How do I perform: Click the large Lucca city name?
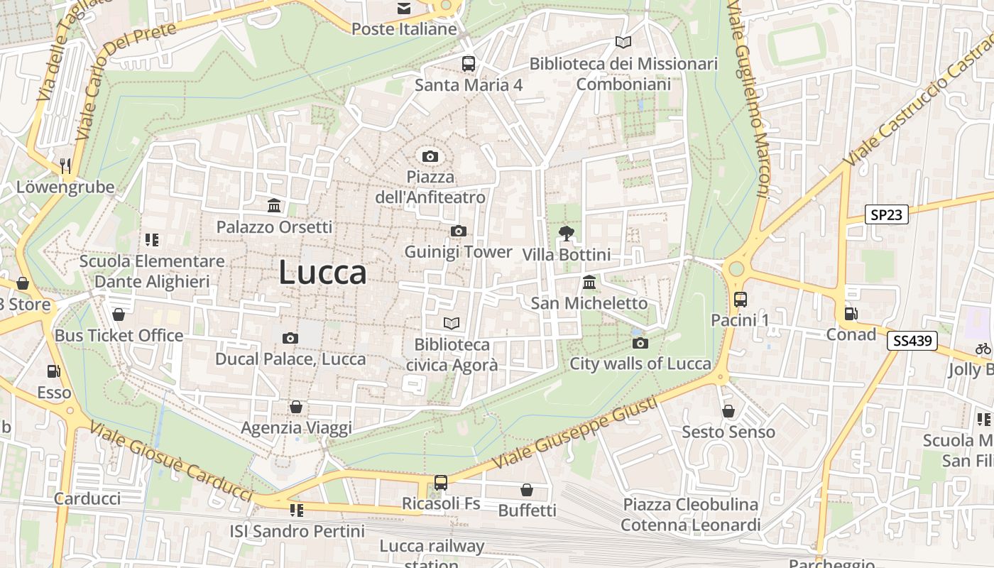click(322, 273)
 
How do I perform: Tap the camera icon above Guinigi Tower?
click(459, 231)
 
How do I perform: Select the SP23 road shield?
click(887, 214)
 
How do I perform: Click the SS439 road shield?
click(912, 341)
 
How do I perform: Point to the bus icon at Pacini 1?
click(741, 300)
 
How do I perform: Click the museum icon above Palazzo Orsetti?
click(274, 206)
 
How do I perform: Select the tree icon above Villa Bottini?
click(567, 233)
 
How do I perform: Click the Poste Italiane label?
click(404, 29)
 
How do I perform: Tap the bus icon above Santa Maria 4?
click(469, 64)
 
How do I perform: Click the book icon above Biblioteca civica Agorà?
click(452, 324)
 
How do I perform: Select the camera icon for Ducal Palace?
click(290, 338)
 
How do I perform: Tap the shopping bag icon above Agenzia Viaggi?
click(296, 407)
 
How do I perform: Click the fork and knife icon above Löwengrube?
click(65, 166)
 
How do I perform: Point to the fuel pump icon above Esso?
click(53, 371)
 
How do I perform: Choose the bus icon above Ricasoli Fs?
click(441, 483)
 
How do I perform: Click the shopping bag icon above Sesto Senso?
click(728, 411)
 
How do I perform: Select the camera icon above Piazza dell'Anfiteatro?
click(430, 156)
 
